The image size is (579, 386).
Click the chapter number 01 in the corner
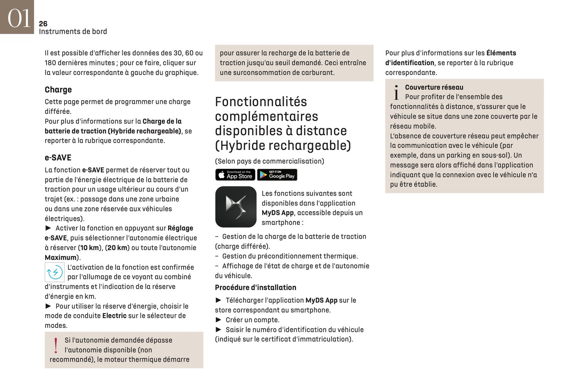coord(18,18)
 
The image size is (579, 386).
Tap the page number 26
coord(43,24)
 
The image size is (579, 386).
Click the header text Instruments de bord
coord(73,32)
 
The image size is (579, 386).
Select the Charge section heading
coord(58,90)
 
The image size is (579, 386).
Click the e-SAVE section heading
coord(58,158)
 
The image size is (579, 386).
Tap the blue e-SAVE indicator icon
coord(54,273)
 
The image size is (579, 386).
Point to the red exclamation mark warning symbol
coord(56,345)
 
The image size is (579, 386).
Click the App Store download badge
coord(235,175)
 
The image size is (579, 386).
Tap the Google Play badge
coord(277,175)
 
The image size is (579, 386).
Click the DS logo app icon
coord(236,207)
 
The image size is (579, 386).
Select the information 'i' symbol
coord(396,93)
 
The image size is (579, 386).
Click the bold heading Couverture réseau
coord(434,87)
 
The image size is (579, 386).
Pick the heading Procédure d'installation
coord(255,288)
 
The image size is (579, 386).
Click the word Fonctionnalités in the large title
coord(261,102)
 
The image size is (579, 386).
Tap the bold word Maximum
coord(61,258)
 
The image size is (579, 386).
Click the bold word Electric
coord(114,316)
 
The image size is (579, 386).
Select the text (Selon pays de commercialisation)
coord(269,162)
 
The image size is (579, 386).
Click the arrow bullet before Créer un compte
coord(218,320)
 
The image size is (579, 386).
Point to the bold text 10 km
coord(89,248)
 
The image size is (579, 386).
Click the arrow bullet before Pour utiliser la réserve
coord(48,306)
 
